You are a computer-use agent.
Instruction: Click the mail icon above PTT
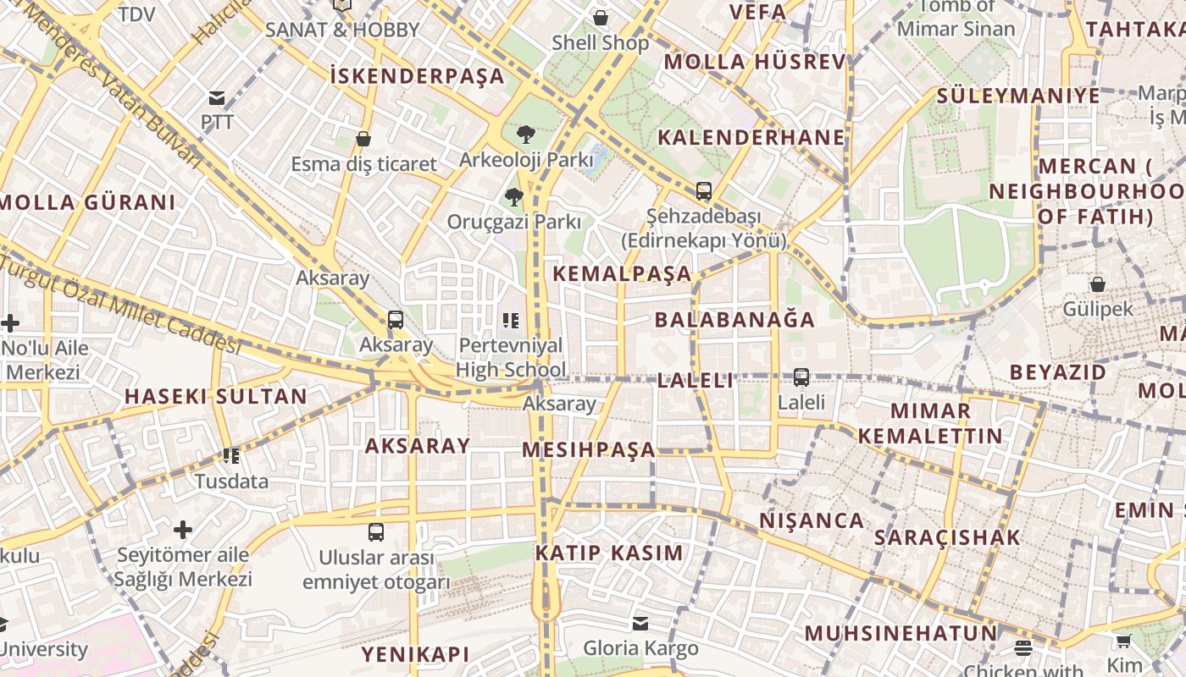[217, 98]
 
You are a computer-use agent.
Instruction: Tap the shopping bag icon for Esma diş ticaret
[363, 139]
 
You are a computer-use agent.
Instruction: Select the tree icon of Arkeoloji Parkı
[525, 134]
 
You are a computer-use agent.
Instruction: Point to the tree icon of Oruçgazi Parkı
[513, 198]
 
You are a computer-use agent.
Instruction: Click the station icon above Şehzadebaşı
[703, 191]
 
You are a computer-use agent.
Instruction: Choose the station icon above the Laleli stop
[801, 377]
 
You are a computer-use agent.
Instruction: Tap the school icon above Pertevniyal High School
[510, 321]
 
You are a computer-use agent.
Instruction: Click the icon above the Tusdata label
[231, 456]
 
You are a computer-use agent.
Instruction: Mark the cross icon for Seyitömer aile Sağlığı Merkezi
[183, 530]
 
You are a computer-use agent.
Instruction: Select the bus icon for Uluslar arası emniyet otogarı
[376, 532]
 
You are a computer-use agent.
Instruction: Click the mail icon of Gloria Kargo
[640, 624]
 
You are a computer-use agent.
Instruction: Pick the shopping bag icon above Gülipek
[1097, 284]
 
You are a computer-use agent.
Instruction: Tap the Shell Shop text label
[600, 43]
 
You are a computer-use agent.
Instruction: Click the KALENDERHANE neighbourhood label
[751, 138]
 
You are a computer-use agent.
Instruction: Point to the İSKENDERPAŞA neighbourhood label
[417, 76]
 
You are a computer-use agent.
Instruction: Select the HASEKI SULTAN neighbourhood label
[216, 396]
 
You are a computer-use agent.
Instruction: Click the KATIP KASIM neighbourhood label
[608, 553]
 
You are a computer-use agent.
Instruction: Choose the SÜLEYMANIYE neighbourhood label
[1017, 96]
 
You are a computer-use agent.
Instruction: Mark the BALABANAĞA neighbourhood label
[734, 320]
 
